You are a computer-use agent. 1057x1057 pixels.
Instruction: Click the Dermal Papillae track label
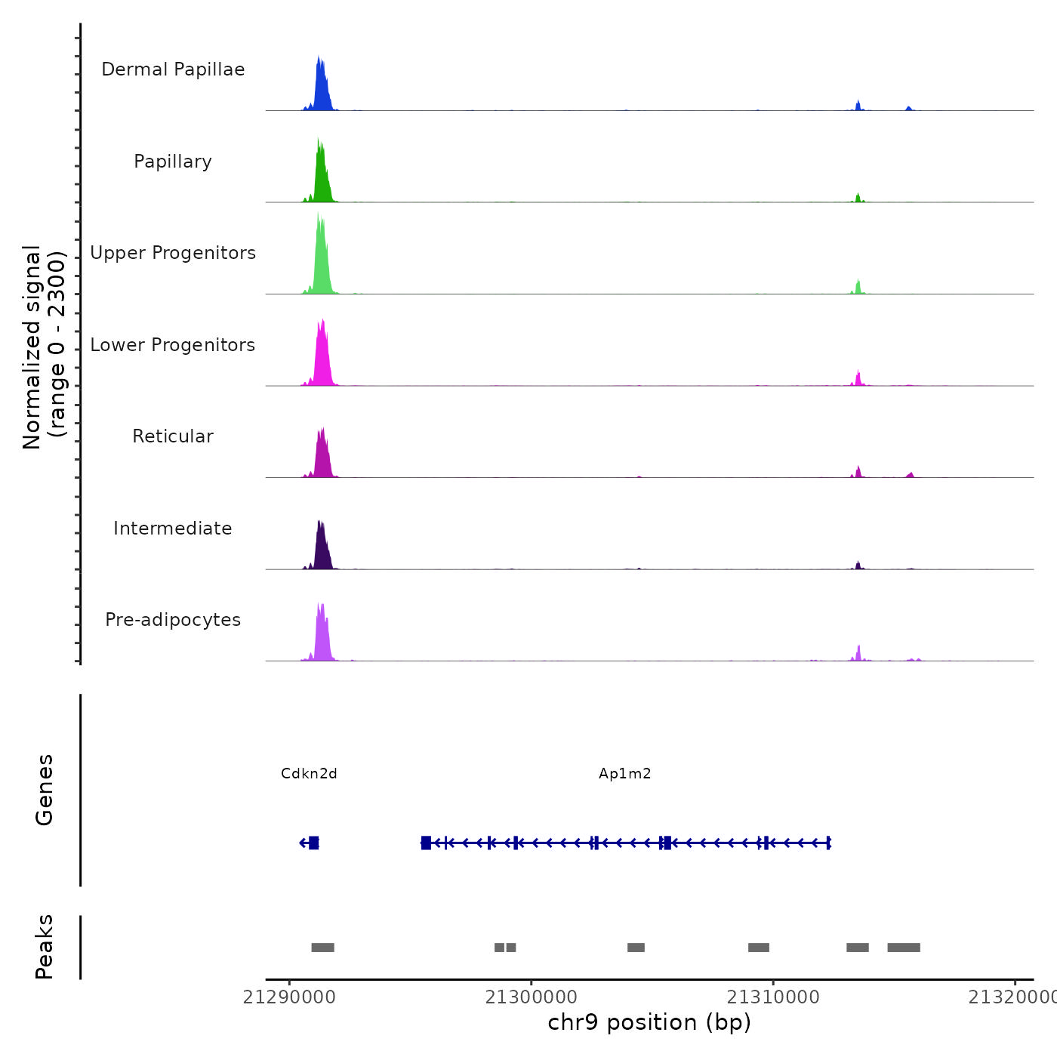pyautogui.click(x=173, y=69)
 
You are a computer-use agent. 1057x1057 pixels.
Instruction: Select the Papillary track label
pyautogui.click(x=173, y=162)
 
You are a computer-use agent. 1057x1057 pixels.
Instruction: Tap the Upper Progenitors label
pyautogui.click(x=173, y=253)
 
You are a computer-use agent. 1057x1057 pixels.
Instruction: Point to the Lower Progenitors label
pyautogui.click(x=173, y=345)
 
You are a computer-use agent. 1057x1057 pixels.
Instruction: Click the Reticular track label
pyautogui.click(x=173, y=436)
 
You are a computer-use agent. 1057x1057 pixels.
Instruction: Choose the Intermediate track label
pyautogui.click(x=173, y=528)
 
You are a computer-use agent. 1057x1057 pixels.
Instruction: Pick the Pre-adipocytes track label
pyautogui.click(x=173, y=620)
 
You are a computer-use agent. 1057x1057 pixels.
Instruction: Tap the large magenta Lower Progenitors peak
pyautogui.click(x=322, y=355)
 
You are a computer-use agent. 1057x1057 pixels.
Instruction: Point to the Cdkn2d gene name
pyautogui.click(x=309, y=774)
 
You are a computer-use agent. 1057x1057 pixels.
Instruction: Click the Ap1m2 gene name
pyautogui.click(x=624, y=774)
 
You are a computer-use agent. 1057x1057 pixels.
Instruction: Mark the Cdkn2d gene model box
pyautogui.click(x=313, y=843)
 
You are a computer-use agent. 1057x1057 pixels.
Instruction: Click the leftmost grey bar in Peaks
pyautogui.click(x=322, y=948)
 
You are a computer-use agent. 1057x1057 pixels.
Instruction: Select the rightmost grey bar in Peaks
pyautogui.click(x=903, y=948)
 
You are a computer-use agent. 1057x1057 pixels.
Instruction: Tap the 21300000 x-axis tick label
pyautogui.click(x=531, y=997)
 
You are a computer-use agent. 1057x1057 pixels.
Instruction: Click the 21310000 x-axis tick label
pyautogui.click(x=772, y=997)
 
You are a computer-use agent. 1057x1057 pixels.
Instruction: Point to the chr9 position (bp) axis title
pyautogui.click(x=649, y=1022)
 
